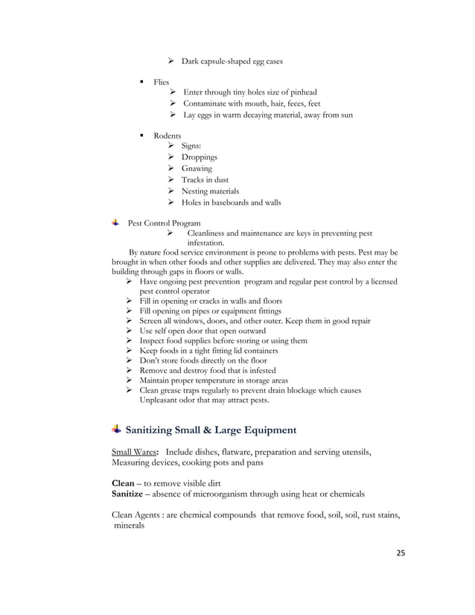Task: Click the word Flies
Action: pyautogui.click(x=162, y=82)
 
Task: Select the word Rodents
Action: pyautogui.click(x=168, y=136)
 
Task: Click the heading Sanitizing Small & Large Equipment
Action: pyautogui.click(x=211, y=430)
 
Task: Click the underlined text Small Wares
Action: pyautogui.click(x=134, y=452)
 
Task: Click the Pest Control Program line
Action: pyautogui.click(x=164, y=223)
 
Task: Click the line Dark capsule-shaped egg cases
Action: pyautogui.click(x=232, y=61)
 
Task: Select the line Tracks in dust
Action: pyautogui.click(x=205, y=180)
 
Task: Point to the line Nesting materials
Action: pyautogui.click(x=211, y=191)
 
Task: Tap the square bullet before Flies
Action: pyautogui.click(x=141, y=82)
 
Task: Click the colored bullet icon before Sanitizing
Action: pyautogui.click(x=116, y=430)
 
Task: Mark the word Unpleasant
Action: pyautogui.click(x=161, y=400)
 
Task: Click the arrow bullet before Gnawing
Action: pyautogui.click(x=172, y=169)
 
